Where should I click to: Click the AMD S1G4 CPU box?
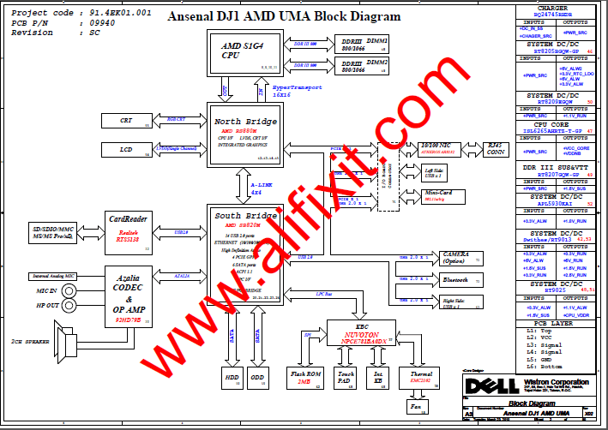click(242, 53)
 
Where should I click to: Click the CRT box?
click(127, 121)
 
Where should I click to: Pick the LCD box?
click(127, 150)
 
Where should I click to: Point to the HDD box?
click(232, 377)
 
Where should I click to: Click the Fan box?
click(417, 407)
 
